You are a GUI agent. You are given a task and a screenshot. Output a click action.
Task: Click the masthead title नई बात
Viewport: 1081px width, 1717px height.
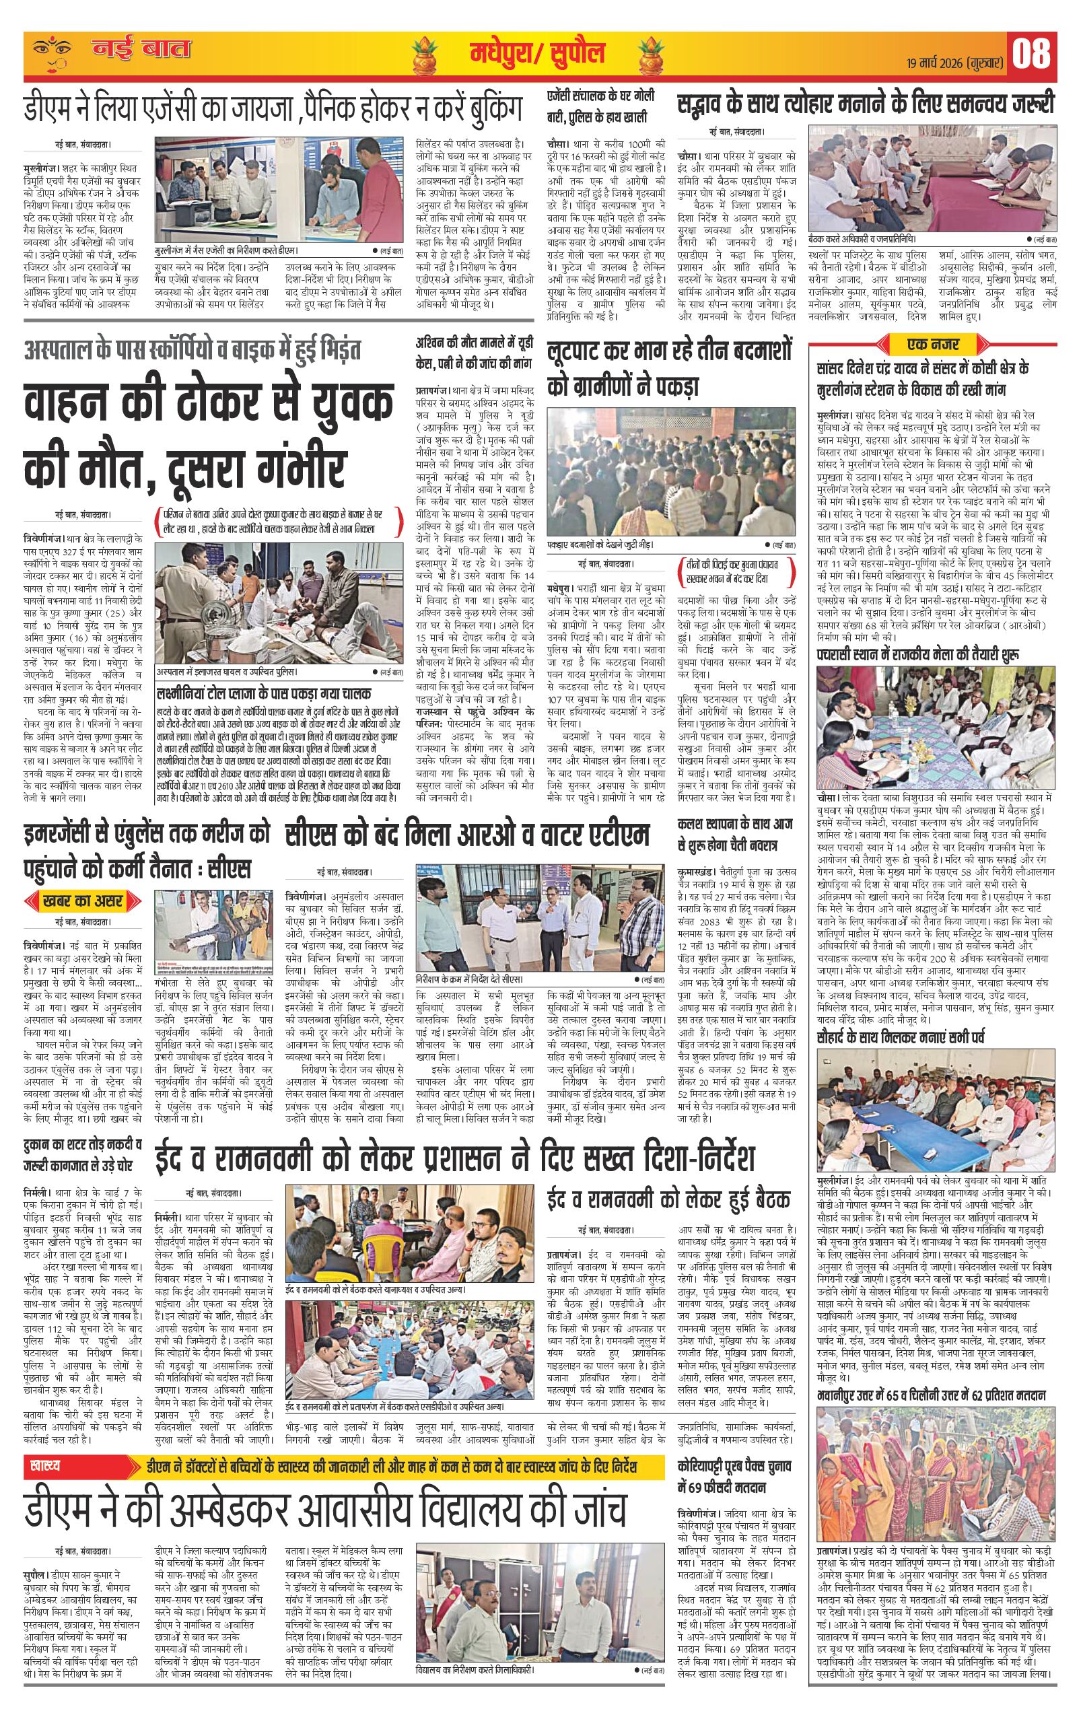(143, 50)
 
